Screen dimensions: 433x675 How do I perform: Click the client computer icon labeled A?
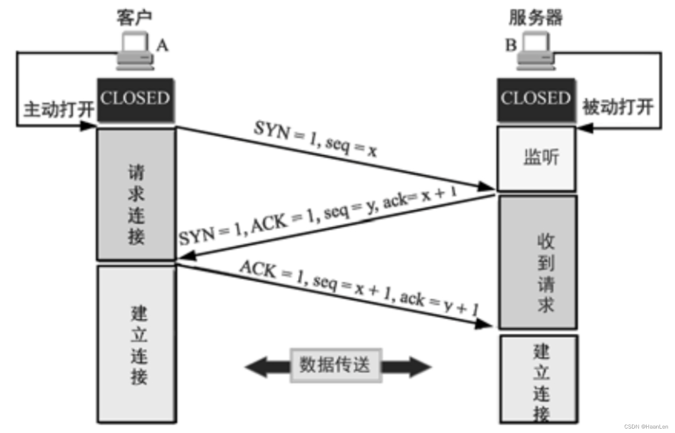click(135, 52)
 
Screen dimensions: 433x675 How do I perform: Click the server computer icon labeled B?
click(536, 52)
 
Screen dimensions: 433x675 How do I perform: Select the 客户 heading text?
click(134, 18)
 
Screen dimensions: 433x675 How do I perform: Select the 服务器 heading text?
click(536, 18)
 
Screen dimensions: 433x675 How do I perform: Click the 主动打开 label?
click(59, 109)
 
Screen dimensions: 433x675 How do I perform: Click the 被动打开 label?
click(618, 107)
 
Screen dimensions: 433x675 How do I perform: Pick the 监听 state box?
click(536, 159)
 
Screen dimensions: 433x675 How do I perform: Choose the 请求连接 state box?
click(136, 195)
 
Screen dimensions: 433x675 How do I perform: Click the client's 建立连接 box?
click(137, 344)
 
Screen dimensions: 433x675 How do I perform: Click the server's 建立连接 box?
click(539, 379)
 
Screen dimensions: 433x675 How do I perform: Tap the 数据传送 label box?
click(336, 365)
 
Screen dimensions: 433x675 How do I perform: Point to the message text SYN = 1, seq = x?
click(315, 139)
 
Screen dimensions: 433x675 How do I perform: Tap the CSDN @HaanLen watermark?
click(646, 426)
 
